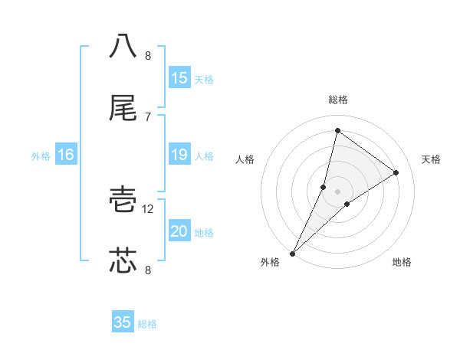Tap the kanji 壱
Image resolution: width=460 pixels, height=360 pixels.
pos(123,201)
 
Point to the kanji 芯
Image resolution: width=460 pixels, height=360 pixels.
pos(123,260)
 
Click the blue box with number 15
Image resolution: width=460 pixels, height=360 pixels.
pos(179,78)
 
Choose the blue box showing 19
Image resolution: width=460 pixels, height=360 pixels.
pos(179,155)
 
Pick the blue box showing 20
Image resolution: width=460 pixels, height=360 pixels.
pos(179,232)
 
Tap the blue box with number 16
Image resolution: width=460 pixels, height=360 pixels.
pos(66,155)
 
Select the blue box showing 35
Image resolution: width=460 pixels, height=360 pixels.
pos(123,322)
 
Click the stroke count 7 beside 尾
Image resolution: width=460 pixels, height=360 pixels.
pos(148,116)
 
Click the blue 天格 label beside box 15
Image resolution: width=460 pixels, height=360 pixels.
pos(204,79)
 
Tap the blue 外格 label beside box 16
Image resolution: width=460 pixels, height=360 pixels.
pos(41,155)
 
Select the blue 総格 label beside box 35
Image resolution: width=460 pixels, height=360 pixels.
pos(147,323)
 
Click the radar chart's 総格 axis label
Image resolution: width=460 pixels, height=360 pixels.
pos(338,100)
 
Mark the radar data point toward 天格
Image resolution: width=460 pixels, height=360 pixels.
pos(396,172)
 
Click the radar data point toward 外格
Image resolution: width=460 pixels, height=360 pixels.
pos(292,253)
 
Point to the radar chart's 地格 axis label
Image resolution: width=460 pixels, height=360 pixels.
pos(402,263)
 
